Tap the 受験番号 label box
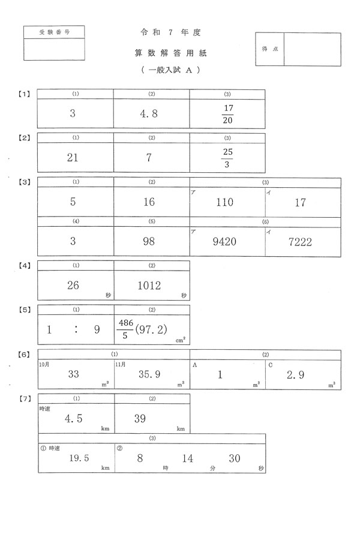pyautogui.click(x=54, y=32)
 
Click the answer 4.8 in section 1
pyautogui.click(x=149, y=113)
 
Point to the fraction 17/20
pyautogui.click(x=227, y=114)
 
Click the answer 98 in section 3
pyautogui.click(x=149, y=242)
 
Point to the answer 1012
pyautogui.click(x=149, y=286)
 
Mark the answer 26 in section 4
pyautogui.click(x=73, y=286)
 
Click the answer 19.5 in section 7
pyautogui.click(x=79, y=458)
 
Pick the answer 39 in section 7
pyautogui.click(x=140, y=419)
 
